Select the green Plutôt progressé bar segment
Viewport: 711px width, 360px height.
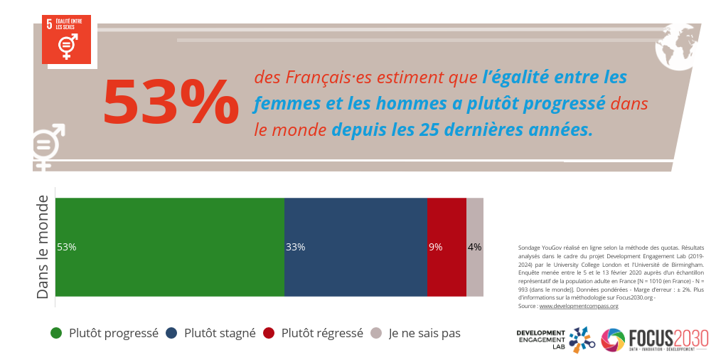169,247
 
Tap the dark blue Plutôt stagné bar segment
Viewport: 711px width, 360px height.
355,247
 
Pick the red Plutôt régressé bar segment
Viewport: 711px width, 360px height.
447,247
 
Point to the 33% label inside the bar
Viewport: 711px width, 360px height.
295,248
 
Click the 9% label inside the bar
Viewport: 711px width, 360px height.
435,248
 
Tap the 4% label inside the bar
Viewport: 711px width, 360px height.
474,248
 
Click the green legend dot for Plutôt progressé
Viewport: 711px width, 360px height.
56,333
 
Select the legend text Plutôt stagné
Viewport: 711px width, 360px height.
220,333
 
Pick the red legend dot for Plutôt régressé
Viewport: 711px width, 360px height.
268,333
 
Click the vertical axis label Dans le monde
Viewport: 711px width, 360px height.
43,247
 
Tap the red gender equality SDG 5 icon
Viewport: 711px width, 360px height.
68,41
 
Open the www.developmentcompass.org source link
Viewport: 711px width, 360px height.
579,306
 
